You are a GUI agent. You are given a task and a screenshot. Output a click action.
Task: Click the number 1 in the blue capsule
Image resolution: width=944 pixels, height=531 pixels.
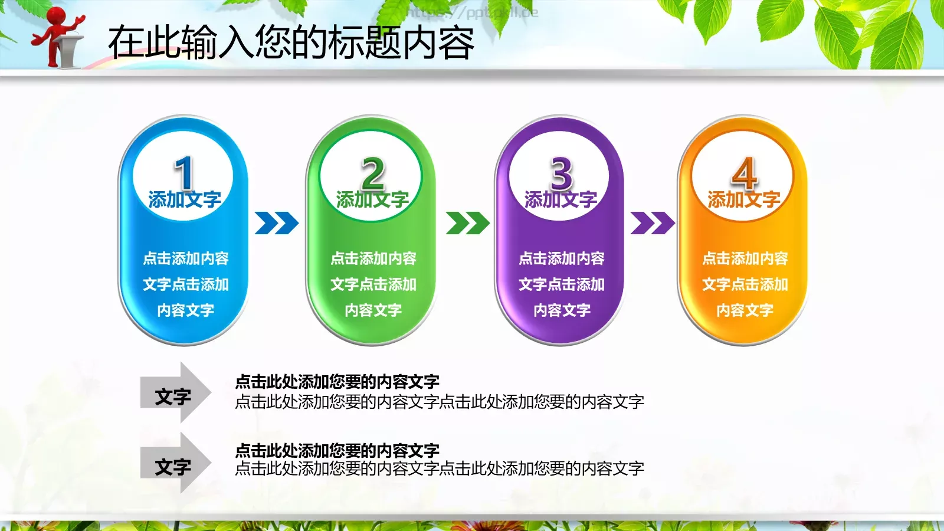coord(183,172)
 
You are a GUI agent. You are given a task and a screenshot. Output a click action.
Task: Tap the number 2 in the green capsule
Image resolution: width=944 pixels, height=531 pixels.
coord(373,172)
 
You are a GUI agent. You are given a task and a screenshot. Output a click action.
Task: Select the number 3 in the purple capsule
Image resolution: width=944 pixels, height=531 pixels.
coord(561,172)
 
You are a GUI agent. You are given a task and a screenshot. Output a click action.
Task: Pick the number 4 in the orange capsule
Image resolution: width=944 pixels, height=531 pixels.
coord(744,172)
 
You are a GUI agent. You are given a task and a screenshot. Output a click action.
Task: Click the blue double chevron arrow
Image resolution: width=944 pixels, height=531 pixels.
coord(276,223)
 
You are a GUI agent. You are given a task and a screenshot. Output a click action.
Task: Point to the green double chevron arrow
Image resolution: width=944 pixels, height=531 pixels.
coord(467,223)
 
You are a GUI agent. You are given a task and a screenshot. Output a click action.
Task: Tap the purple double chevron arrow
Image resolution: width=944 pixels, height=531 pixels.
coord(652,223)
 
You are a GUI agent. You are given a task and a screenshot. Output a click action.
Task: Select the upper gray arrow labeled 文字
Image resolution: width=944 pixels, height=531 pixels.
coord(174,393)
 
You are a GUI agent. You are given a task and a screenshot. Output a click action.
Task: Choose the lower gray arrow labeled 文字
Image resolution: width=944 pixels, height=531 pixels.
coord(174,464)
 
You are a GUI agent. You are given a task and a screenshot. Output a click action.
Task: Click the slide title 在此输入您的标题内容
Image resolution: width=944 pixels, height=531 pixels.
coord(291,42)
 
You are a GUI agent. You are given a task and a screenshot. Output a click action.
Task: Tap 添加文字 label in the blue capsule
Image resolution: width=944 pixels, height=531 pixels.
coord(185,200)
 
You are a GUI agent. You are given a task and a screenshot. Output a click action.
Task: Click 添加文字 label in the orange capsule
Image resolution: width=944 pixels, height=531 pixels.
coord(744,200)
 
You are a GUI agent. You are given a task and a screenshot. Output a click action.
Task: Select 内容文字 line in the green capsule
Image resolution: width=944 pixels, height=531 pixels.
coord(373,310)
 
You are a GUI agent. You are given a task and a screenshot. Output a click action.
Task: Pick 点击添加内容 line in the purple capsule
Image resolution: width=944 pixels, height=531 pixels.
coord(561,258)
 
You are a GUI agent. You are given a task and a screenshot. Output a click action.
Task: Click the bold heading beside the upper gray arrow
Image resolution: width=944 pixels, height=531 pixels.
coord(337,382)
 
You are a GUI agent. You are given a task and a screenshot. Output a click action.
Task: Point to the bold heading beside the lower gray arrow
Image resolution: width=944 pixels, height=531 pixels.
coord(337,451)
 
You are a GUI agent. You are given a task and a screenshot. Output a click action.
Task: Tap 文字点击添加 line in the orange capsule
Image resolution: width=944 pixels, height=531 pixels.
coord(745,284)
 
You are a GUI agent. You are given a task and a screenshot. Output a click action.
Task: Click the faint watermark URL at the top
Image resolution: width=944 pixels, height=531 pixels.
coord(472,12)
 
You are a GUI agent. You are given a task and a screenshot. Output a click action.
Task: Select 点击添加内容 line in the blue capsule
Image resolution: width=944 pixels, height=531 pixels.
coord(185,258)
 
